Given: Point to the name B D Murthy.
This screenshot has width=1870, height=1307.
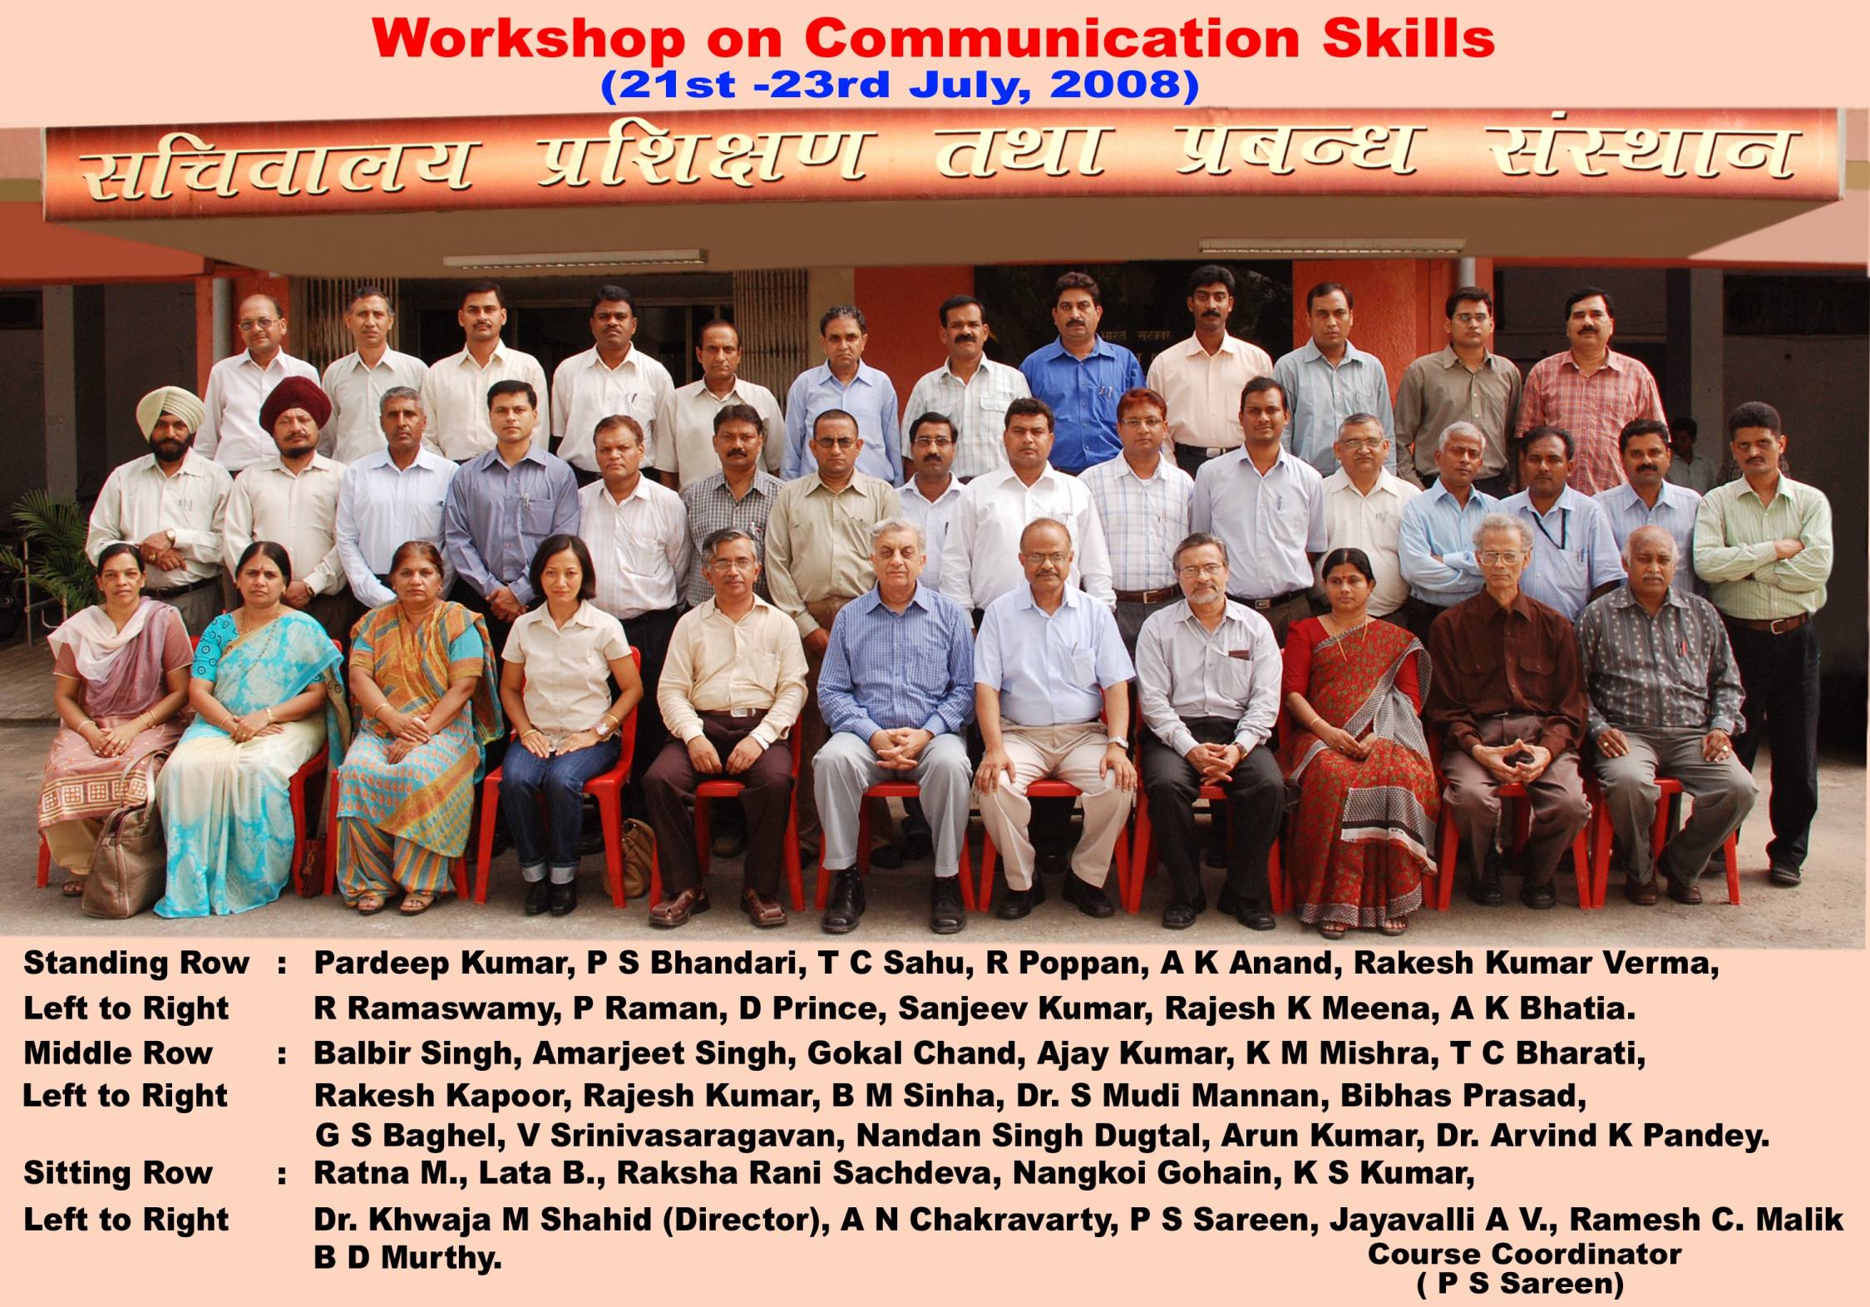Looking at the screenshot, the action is pos(407,1258).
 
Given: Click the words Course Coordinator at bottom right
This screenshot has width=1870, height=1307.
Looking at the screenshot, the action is pos(1524,1254).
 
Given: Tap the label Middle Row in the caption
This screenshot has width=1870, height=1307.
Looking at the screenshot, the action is pos(118,1053).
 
